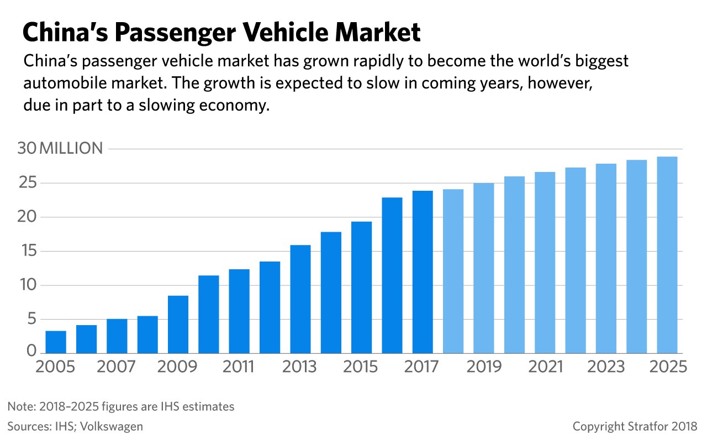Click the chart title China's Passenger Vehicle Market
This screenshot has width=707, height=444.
coord(221,33)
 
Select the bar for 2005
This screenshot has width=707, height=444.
coord(56,342)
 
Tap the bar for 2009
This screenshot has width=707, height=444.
coord(178,325)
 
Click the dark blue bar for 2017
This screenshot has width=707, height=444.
coord(423,272)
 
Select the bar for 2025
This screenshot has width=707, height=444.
coord(667,255)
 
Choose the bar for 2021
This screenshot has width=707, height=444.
coord(545,263)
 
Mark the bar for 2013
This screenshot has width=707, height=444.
coord(300,299)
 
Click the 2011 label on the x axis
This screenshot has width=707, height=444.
coord(239,367)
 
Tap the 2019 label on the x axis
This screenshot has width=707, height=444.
coord(484,367)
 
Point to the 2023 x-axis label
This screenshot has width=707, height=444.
coord(606,367)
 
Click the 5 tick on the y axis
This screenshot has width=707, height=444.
coord(31,320)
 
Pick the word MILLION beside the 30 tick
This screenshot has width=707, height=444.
coord(71,149)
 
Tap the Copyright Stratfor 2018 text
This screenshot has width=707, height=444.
coord(635,426)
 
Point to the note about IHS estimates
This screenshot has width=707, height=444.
coord(121,407)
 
